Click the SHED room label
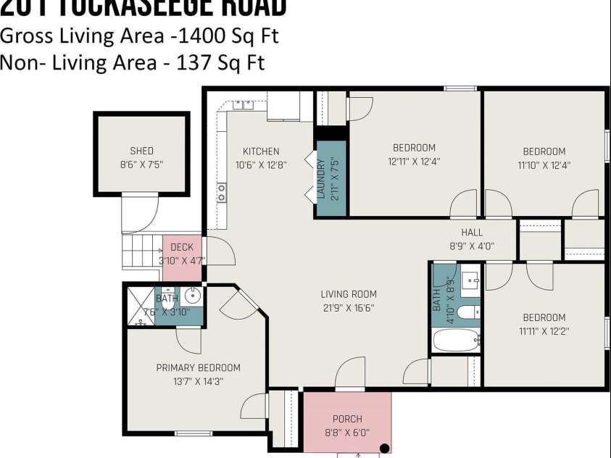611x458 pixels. (x=141, y=151)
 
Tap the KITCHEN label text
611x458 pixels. (x=260, y=151)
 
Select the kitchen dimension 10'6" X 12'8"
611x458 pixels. (x=260, y=165)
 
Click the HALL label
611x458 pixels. (x=472, y=232)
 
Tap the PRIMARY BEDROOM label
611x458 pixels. (x=198, y=367)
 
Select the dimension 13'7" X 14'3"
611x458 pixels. (x=198, y=380)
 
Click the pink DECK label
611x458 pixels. (x=182, y=247)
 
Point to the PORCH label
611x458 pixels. (x=346, y=419)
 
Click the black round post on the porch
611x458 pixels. (x=384, y=449)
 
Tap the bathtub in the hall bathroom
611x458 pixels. (x=456, y=339)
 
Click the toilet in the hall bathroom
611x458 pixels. (x=468, y=312)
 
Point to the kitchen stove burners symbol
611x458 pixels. (x=221, y=192)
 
